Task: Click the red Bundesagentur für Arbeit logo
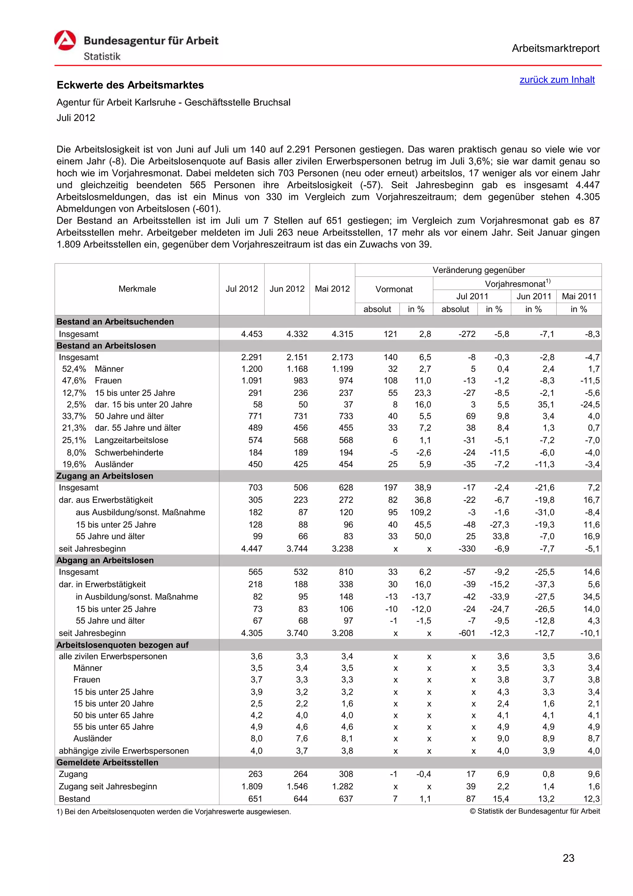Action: coord(65,41)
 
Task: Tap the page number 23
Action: coord(568,858)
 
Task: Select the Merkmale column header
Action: coord(137,289)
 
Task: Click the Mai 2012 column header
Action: coord(332,289)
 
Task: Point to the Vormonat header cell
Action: coord(393,289)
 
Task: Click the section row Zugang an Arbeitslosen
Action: coord(105,476)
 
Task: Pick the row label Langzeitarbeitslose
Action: coord(131,440)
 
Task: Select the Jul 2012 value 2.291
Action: coord(252,357)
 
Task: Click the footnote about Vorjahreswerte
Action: coord(174,812)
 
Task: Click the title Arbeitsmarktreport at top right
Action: coord(555,49)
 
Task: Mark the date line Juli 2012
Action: coord(76,118)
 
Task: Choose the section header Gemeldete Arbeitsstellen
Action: coord(107,762)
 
